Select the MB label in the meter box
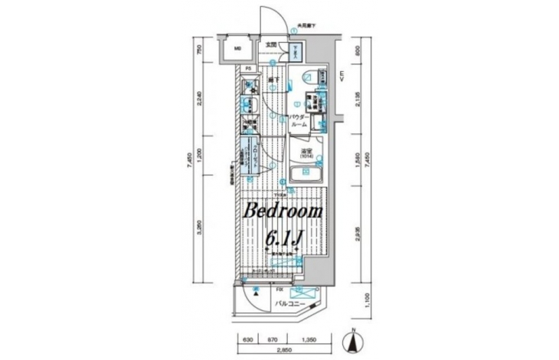[237, 52]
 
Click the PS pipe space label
[248, 70]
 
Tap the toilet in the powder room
[306, 76]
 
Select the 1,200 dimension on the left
[198, 153]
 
